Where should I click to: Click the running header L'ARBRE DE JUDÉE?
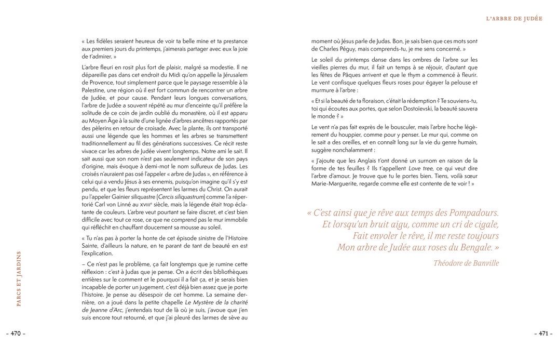[x=514, y=18]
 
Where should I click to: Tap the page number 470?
[x=16, y=334]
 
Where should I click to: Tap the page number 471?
[x=543, y=334]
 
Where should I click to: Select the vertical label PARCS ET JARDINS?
[x=19, y=278]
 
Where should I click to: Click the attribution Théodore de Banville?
[x=466, y=263]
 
